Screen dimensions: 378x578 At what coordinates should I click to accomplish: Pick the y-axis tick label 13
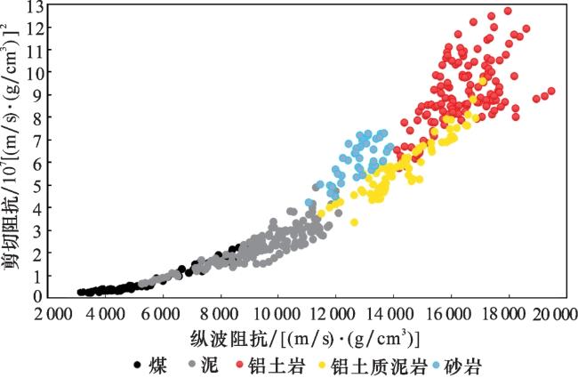[36, 6]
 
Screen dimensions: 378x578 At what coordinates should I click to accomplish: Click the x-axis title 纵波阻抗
[237, 338]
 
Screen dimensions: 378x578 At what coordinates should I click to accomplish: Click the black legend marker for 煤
[136, 364]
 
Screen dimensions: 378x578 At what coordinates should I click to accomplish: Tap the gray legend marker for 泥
[192, 364]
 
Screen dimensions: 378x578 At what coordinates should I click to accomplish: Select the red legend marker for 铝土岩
[240, 364]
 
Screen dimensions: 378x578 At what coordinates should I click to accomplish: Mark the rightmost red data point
[551, 91]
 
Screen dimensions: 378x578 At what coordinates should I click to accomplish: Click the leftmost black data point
[81, 291]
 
